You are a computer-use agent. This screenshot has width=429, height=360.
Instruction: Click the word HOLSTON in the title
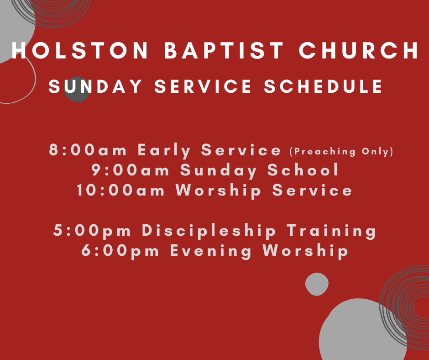80,50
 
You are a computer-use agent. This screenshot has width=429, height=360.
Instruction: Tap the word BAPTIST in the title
224,50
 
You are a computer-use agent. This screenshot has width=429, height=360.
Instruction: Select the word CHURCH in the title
359,50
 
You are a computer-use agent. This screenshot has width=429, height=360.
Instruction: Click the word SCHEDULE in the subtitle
323,86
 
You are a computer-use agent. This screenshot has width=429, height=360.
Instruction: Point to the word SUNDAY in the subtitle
95,86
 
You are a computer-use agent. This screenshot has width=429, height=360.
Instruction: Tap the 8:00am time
88,150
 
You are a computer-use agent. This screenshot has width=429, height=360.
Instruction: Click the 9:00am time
130,170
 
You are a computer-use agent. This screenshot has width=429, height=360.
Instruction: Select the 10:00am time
120,190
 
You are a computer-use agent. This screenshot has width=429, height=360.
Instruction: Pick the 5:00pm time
92,230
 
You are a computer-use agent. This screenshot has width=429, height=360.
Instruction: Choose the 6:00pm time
120,251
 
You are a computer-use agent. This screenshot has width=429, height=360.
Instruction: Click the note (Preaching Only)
341,152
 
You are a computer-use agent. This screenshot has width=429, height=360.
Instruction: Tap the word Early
164,150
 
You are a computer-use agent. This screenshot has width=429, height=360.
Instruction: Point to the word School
303,169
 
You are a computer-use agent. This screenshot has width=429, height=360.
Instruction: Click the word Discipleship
209,230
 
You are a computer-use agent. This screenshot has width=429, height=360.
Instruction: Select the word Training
331,230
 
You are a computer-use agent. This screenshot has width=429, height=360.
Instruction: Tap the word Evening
211,251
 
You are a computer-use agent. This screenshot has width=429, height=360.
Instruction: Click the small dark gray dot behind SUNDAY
77,90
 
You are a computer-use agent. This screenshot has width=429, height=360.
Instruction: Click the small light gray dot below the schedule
317,284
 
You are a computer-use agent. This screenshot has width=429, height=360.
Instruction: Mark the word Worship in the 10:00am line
218,190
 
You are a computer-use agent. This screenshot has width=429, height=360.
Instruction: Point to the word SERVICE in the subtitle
203,86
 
